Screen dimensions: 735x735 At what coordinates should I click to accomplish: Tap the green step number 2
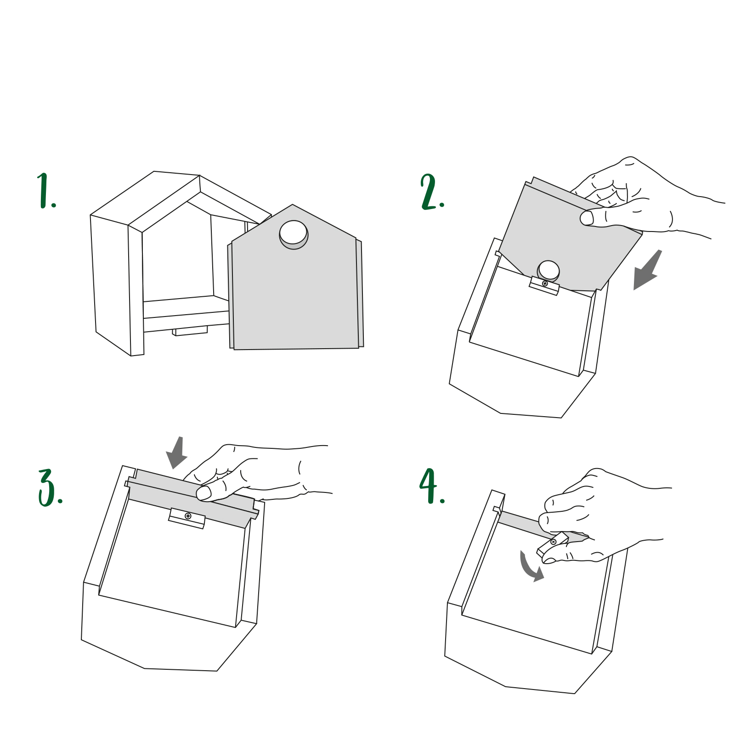432,192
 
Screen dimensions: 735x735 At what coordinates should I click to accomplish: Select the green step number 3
50,488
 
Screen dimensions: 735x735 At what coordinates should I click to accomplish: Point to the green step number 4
432,486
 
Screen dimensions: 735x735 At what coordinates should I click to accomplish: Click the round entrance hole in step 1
294,234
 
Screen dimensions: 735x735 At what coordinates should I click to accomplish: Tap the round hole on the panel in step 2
548,271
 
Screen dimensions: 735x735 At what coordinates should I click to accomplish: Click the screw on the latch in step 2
545,283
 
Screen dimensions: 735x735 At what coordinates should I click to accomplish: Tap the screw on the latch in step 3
188,516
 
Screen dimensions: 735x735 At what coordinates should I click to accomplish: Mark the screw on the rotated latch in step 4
553,542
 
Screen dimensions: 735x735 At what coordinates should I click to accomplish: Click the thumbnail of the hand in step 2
587,218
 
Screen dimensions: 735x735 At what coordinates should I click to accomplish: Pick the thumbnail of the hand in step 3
204,493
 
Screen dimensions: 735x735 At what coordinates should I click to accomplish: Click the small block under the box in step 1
190,331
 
